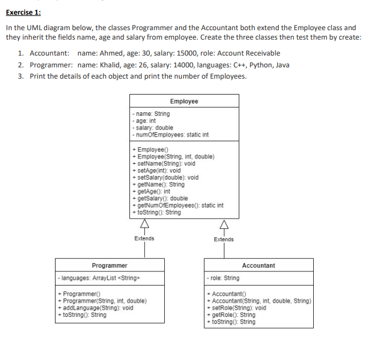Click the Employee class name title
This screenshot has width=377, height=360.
point(184,101)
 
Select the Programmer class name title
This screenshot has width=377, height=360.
point(109,265)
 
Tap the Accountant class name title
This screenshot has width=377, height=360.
point(258,265)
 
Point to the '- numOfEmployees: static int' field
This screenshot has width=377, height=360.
point(172,135)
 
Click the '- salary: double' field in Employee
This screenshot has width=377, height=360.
point(154,128)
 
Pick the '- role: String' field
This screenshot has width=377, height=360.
point(223,278)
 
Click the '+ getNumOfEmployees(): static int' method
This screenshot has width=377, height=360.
point(179,206)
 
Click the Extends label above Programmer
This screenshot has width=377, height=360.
point(144,239)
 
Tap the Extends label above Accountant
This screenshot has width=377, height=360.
point(223,239)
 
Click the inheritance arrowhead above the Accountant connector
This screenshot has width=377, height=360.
point(223,224)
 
